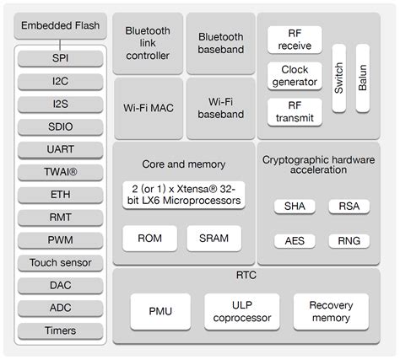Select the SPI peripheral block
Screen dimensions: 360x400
(x=61, y=58)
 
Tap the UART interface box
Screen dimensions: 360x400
(x=61, y=149)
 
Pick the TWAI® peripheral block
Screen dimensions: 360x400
(x=61, y=172)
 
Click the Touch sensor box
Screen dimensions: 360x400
(x=61, y=263)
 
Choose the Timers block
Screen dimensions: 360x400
(x=61, y=330)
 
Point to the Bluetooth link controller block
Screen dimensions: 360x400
(x=147, y=43)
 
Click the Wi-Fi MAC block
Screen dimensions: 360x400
(x=147, y=109)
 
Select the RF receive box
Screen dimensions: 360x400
(x=295, y=38)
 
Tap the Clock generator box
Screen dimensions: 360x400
(x=295, y=75)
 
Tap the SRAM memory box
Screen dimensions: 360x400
(x=214, y=238)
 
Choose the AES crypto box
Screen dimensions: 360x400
(x=295, y=240)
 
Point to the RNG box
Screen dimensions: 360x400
(x=349, y=240)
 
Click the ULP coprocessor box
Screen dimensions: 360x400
(x=241, y=311)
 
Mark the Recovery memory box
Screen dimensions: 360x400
(x=330, y=311)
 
